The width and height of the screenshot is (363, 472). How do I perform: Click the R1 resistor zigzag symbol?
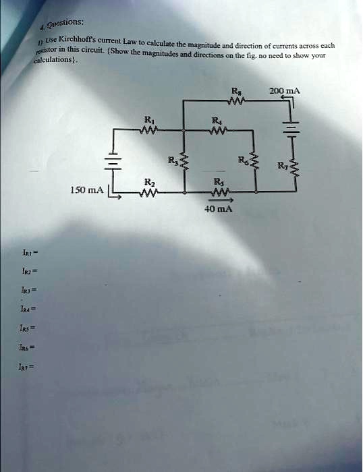(148, 131)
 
